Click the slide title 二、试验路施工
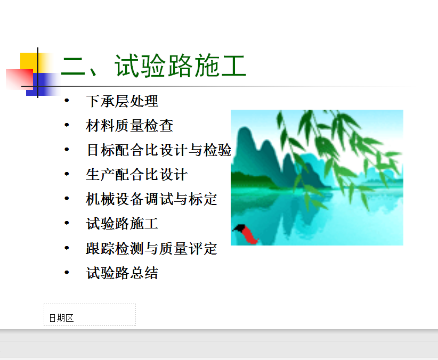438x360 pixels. coord(153,66)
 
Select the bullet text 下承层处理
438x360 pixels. coord(122,101)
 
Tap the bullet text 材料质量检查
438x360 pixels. coord(129,125)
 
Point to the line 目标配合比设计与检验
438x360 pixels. coord(159,150)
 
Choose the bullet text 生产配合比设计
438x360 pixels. coord(136,175)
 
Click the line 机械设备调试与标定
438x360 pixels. coord(151,199)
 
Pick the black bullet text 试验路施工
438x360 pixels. coord(122,224)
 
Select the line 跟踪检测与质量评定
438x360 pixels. coord(151,248)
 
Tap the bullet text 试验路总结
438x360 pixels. coord(122,273)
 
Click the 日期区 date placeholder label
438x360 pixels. coord(61,318)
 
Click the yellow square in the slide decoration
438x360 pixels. coord(29,61)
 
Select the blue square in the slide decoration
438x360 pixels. coord(42,84)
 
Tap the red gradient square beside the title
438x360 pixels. coord(19,79)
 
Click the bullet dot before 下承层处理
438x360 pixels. coord(67,100)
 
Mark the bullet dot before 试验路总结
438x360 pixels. coord(67,272)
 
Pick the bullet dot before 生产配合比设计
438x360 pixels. coord(67,174)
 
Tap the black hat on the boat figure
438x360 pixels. coord(239,228)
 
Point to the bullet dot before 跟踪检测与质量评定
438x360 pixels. coord(67,248)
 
